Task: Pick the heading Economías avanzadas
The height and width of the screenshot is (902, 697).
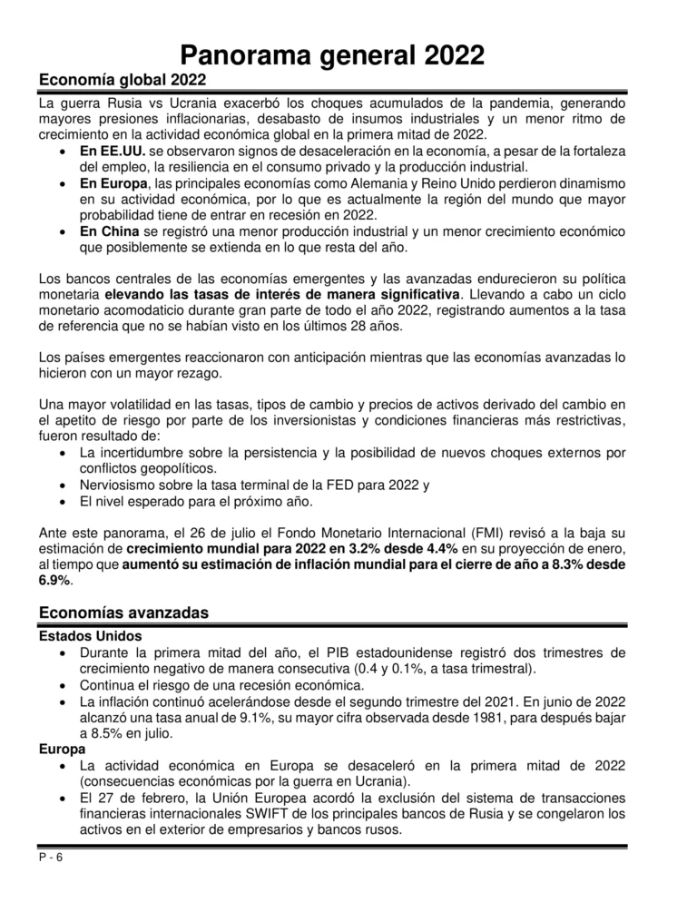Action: coord(123,613)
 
